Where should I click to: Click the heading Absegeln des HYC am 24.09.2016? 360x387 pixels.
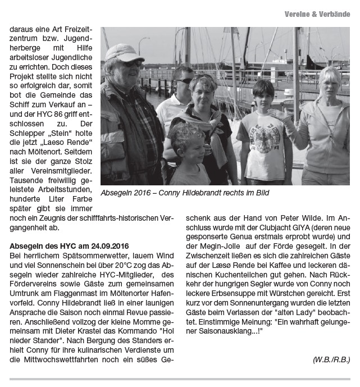click(x=65, y=245)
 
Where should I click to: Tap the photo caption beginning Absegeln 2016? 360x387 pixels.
click(x=185, y=193)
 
